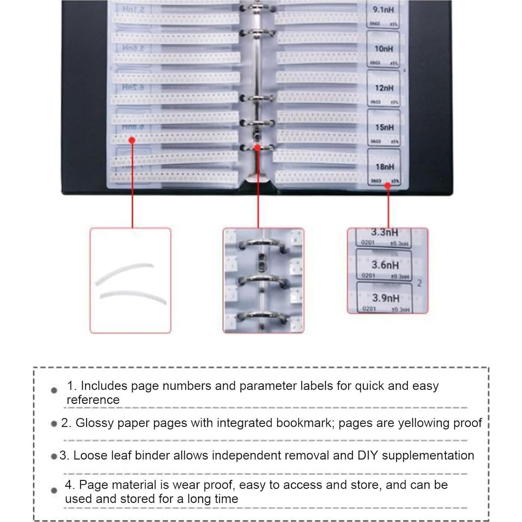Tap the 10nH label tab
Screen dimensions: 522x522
coord(383,49)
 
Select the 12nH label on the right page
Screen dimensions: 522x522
coord(384,88)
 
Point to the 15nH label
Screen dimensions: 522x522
coord(384,127)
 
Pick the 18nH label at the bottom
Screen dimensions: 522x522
coord(385,167)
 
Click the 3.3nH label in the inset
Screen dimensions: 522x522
coord(384,233)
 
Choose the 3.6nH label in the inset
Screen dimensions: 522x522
coord(385,265)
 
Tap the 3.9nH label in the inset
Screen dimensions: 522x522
coord(385,298)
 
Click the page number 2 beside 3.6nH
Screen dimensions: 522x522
coord(419,283)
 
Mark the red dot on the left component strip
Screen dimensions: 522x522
coord(132,140)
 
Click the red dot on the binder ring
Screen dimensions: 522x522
coord(257,147)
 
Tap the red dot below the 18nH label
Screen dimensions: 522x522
coord(388,186)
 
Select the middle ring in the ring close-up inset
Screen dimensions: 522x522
coord(262,280)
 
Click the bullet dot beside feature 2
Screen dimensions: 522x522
coord(54,424)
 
